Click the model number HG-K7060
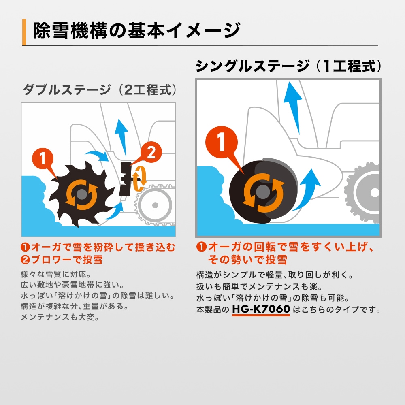261,310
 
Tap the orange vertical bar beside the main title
24,32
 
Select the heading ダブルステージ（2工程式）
100,90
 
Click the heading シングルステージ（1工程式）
288,66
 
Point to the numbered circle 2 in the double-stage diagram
150,153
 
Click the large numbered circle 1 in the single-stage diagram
222,145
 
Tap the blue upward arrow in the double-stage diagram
120,134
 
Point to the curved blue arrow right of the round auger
307,190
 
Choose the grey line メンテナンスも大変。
60,317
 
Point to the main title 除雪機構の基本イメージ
136,31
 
